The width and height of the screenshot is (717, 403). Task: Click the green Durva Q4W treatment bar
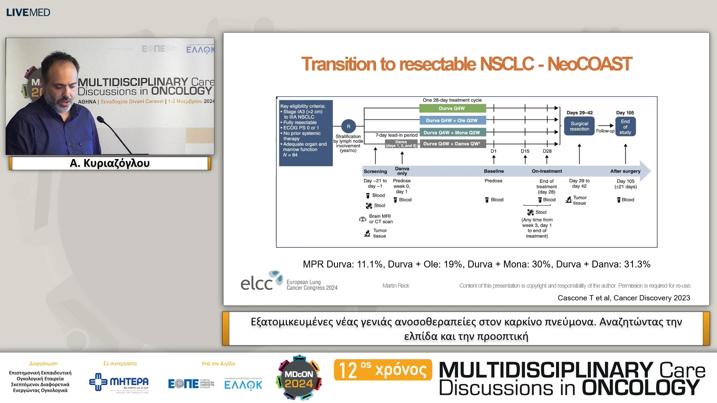point(452,109)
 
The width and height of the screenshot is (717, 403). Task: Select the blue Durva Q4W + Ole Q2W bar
point(452,121)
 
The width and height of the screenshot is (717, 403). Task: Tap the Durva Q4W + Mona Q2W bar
point(452,132)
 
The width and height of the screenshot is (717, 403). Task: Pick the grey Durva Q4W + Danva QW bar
point(452,144)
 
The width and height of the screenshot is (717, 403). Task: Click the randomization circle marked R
point(348,126)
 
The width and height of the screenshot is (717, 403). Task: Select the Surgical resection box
point(579,126)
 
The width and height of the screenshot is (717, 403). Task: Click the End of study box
point(625,127)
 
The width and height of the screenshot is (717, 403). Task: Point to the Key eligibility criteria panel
point(305,133)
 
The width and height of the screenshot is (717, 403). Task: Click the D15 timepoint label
point(525,151)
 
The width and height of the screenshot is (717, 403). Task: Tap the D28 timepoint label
point(547,151)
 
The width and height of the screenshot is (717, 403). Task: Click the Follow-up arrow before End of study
point(605,126)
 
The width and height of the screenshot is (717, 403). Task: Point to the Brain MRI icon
point(363,219)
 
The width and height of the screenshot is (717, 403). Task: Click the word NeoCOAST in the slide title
point(590,64)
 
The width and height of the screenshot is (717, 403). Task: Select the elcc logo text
point(257,284)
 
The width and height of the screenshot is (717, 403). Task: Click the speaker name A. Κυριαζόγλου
point(110,163)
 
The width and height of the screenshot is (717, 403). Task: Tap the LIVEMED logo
point(28,12)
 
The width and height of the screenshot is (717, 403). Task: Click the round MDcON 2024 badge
point(299,378)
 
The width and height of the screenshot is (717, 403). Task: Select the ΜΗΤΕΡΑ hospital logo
point(119,382)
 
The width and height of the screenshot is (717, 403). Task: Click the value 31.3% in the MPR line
point(637,264)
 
